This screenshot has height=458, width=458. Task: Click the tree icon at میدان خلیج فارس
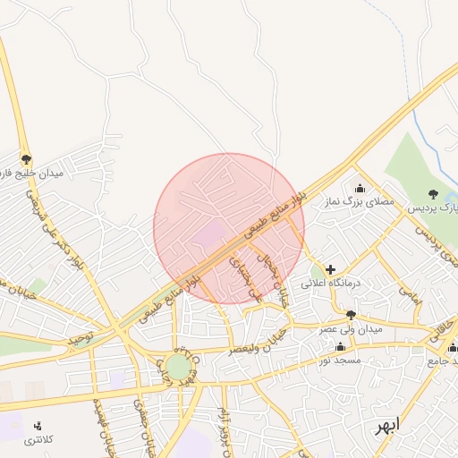tap(26, 158)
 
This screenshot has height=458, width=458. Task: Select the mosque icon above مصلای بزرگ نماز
tap(360, 188)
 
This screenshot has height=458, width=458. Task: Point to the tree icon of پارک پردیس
tap(433, 194)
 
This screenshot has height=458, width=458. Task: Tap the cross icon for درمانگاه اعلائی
tap(330, 268)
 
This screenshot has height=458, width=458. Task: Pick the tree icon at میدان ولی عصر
tap(351, 315)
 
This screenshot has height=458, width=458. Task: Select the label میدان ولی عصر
tap(351, 329)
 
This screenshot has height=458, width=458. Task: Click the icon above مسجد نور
tap(339, 346)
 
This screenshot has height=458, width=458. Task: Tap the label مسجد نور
tap(339, 360)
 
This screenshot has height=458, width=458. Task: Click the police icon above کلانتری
tap(37, 426)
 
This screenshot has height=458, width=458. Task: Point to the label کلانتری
tap(38, 440)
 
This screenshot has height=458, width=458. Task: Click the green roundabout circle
tap(178, 367)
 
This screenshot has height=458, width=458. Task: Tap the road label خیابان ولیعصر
tap(259, 343)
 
